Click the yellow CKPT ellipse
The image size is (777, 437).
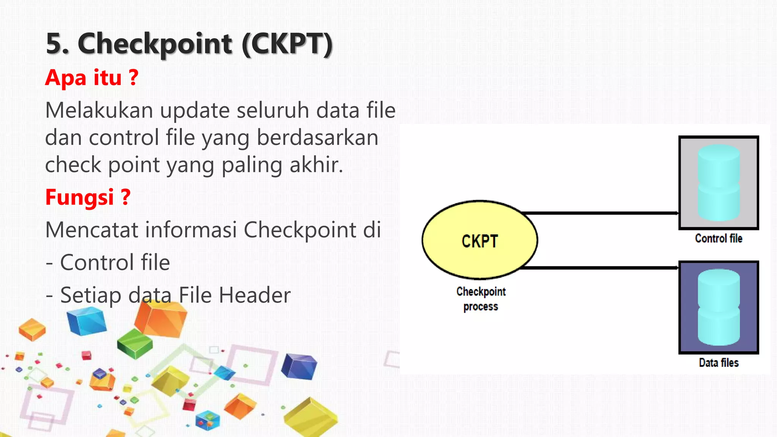tap(480, 240)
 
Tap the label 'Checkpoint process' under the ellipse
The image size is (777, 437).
tap(481, 299)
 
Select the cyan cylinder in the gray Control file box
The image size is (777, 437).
tap(719, 183)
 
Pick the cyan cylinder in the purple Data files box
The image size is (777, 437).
tap(719, 307)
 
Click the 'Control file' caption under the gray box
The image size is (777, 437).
tap(719, 238)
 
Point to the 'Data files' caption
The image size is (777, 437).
tap(719, 363)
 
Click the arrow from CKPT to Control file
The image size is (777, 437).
tap(599, 213)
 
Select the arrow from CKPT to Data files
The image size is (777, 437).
tap(599, 268)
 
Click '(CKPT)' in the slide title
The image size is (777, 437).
tap(287, 44)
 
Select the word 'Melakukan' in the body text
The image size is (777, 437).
tap(99, 111)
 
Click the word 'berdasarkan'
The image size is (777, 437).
tap(318, 138)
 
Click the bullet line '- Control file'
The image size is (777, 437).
tap(108, 263)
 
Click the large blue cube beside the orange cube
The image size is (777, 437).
tap(87, 322)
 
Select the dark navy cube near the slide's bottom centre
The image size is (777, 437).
tap(299, 366)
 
